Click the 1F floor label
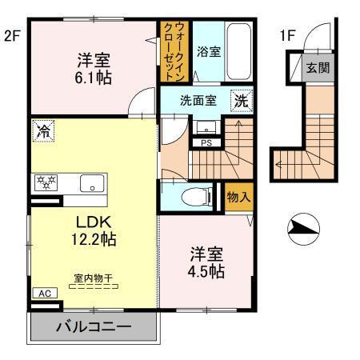pyautogui.click(x=287, y=35)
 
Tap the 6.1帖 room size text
pyautogui.click(x=94, y=78)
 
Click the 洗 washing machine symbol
pyautogui.click(x=240, y=101)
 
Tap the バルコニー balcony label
pyautogui.click(x=93, y=328)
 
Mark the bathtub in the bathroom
pyautogui.click(x=238, y=52)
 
